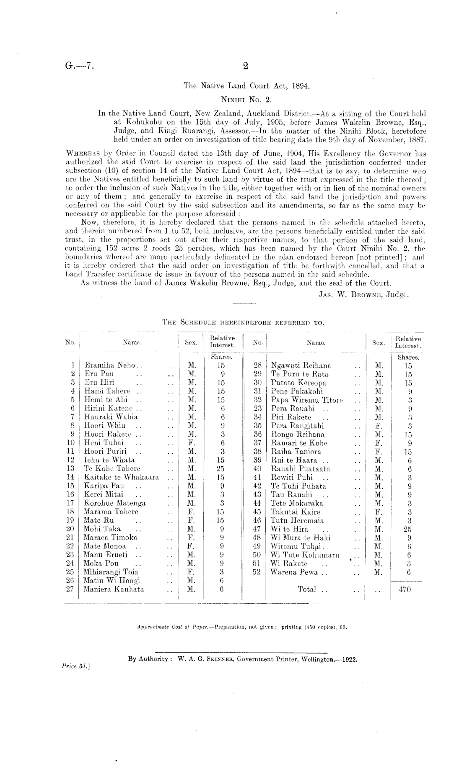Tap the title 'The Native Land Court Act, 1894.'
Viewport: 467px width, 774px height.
click(246, 86)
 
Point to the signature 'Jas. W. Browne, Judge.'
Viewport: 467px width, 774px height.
click(363, 294)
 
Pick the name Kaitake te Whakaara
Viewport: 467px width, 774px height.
click(122, 477)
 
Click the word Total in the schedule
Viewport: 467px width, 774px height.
click(307, 589)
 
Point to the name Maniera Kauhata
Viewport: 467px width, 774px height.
click(114, 589)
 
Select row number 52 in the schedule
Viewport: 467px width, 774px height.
click(257, 572)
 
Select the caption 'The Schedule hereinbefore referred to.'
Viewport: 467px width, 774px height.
click(243, 322)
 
